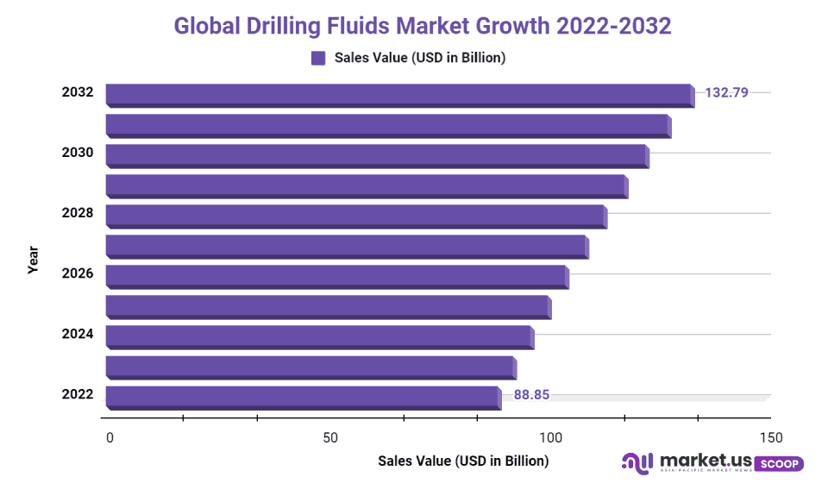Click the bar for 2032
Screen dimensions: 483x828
(398, 95)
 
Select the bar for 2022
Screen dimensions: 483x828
(302, 397)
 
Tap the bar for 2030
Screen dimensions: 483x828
(376, 155)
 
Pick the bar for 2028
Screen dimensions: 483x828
(355, 216)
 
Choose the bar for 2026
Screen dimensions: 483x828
(336, 276)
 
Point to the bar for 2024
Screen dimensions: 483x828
(319, 336)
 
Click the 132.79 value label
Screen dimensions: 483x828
(726, 91)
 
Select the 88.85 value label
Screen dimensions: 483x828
(531, 395)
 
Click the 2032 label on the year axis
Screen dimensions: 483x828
(78, 91)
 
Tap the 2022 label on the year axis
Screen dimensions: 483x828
(78, 394)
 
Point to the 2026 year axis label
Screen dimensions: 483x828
(78, 273)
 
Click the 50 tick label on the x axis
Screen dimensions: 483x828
(330, 437)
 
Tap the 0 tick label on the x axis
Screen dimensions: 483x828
(110, 437)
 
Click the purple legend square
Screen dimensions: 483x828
(318, 58)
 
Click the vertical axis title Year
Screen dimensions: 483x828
(33, 260)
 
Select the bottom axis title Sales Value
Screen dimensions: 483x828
(463, 461)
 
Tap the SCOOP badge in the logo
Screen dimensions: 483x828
(781, 464)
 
